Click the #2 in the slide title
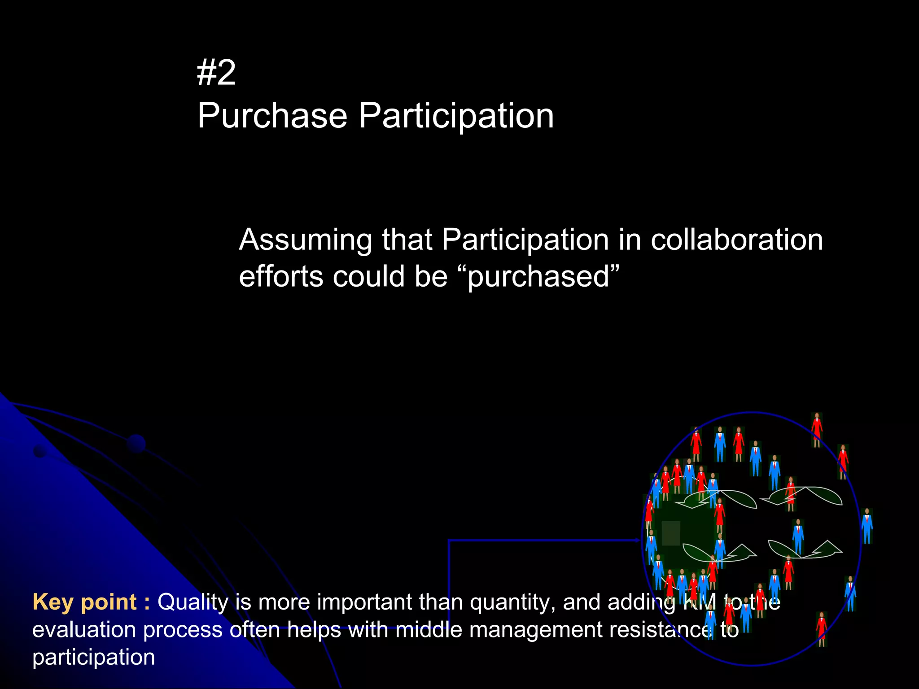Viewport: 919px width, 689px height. click(216, 73)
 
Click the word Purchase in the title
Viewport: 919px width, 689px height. click(272, 116)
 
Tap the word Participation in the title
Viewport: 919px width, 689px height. click(456, 116)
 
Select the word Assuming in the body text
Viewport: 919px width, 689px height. click(305, 240)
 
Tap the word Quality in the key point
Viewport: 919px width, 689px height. click(193, 602)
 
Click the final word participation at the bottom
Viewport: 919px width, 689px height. click(93, 657)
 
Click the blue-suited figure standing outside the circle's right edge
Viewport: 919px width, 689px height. click(867, 526)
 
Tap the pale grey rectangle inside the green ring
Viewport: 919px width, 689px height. click(670, 533)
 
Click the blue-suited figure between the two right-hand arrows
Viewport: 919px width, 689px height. click(798, 536)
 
